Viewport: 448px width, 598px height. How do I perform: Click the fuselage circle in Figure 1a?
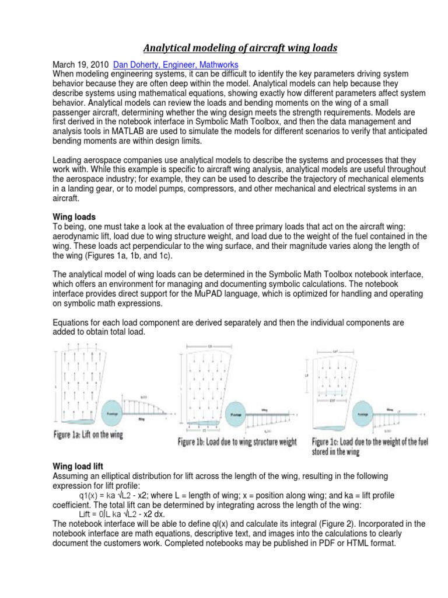click(119, 409)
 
